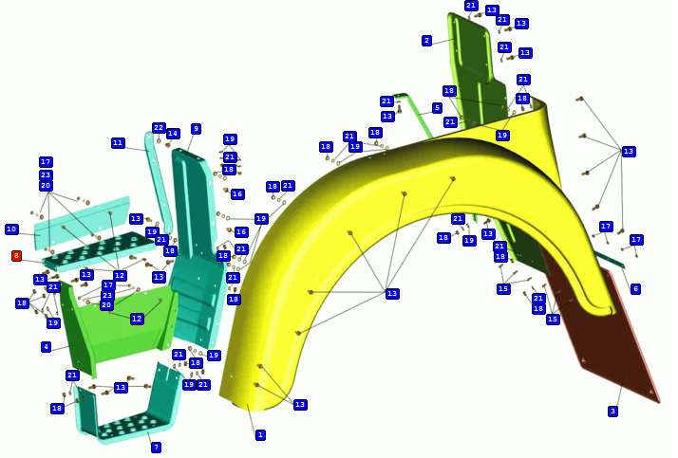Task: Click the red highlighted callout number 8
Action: (16, 256)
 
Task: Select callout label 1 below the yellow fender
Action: (260, 435)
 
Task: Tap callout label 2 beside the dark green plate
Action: (427, 41)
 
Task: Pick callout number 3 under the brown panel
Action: (612, 412)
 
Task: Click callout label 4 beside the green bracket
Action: (47, 347)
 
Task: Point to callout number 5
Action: (437, 107)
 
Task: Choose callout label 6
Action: (635, 289)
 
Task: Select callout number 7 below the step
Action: (156, 448)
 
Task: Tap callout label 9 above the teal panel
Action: (196, 129)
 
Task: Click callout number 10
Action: (11, 229)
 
